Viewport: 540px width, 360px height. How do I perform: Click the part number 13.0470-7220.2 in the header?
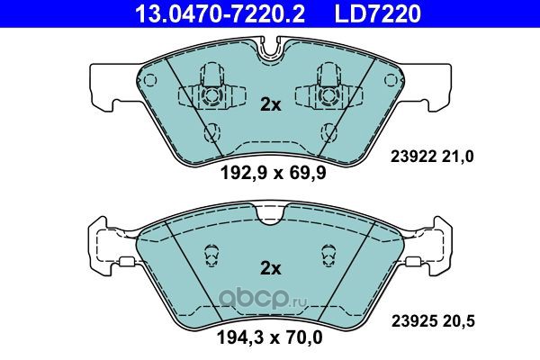click(220, 14)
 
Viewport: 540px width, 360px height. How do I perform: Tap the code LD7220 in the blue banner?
click(378, 14)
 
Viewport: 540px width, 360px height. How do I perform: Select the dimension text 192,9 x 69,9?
click(273, 174)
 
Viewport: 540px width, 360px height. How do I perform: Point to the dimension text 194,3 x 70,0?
click(270, 337)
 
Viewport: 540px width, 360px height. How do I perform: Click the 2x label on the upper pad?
click(270, 104)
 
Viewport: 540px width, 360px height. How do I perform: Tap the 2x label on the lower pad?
click(270, 268)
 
